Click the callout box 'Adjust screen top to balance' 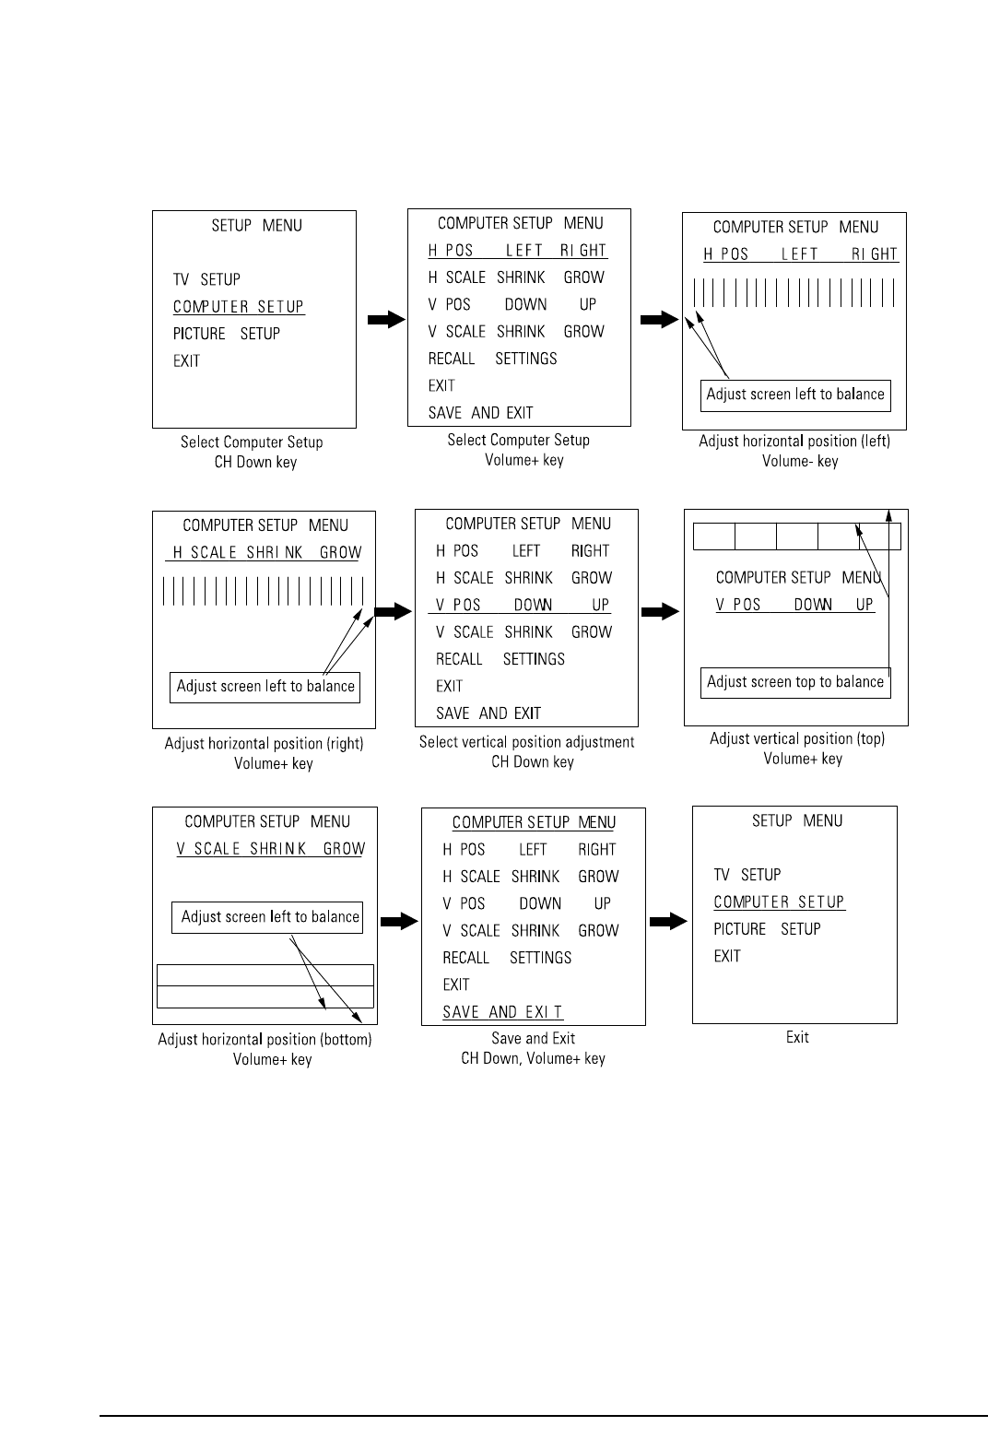795,682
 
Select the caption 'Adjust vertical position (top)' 797,738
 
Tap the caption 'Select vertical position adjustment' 526,742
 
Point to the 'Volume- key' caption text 800,461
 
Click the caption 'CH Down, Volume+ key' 533,1058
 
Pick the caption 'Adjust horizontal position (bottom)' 265,1039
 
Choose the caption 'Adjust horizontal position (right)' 264,743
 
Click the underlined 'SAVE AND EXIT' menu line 502,1012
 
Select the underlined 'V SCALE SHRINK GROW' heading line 271,849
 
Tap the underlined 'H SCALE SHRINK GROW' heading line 267,553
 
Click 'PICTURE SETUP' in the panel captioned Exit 767,929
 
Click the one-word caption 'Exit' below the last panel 797,1037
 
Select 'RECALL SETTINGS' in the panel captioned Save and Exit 507,958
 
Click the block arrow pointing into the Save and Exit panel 399,921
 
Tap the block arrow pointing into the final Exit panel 669,921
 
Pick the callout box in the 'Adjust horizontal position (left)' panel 795,395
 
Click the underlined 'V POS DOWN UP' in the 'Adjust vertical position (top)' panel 794,606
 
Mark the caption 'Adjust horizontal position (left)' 794,441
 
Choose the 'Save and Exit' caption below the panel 533,1038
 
